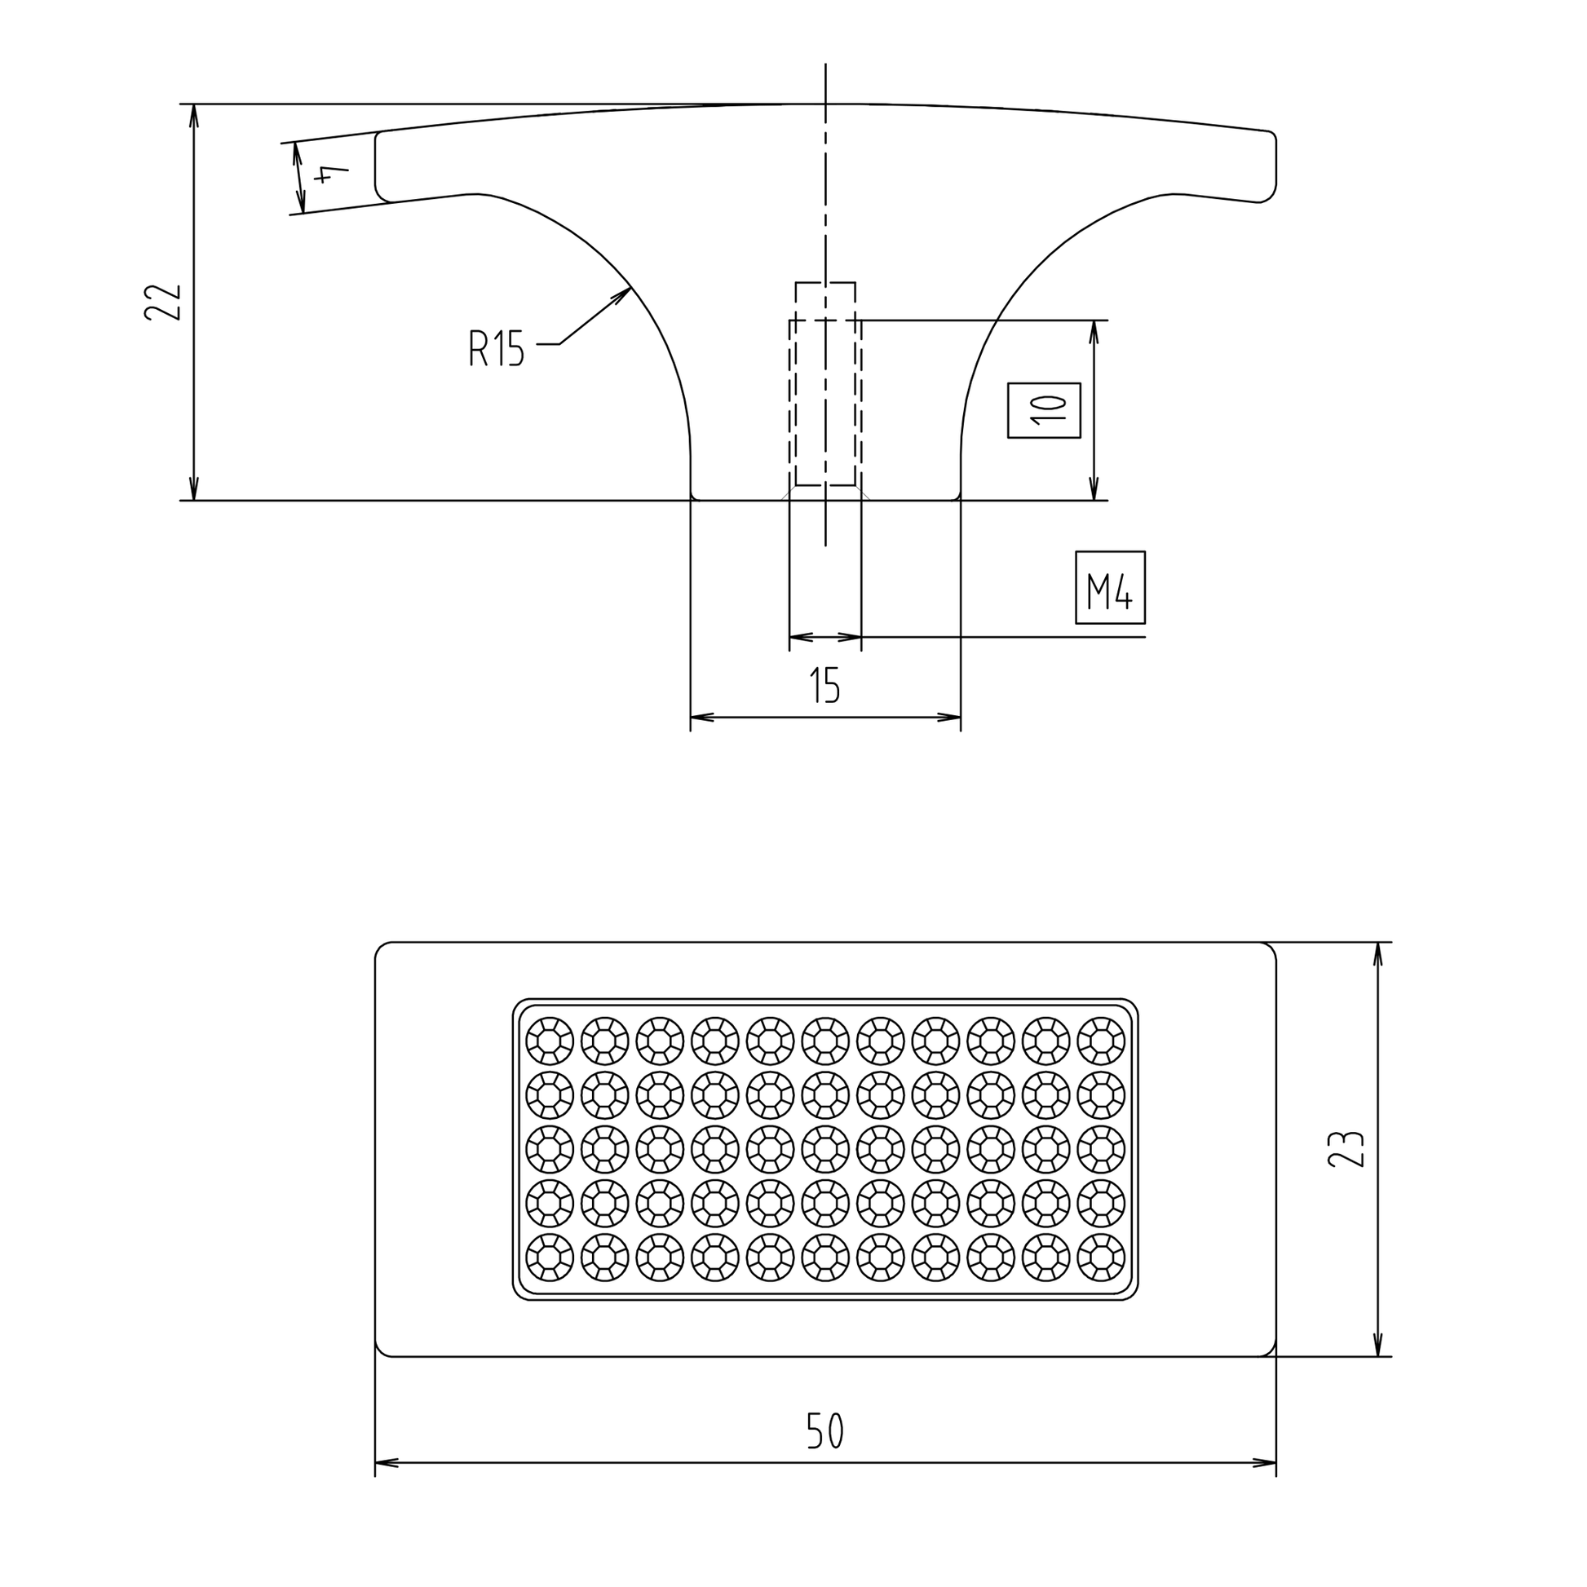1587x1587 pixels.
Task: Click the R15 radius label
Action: pos(496,347)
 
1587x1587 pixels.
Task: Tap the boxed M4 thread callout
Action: pos(1110,587)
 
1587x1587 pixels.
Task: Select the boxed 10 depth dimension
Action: pos(1043,410)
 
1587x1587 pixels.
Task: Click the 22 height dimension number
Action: pos(161,303)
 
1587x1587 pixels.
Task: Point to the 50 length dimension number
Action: pos(824,1431)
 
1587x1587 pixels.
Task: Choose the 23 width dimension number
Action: pos(1346,1149)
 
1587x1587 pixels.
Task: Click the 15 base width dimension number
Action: pos(824,686)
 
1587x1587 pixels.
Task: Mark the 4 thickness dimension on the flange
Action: pos(331,175)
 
